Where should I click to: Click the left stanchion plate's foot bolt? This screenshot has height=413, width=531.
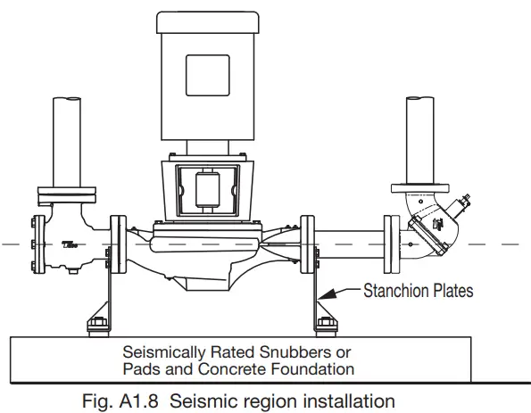click(95, 322)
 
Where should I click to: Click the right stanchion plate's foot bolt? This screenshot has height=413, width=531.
click(325, 322)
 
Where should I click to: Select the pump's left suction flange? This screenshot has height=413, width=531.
click(117, 244)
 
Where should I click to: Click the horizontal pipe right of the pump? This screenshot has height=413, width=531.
click(351, 244)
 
